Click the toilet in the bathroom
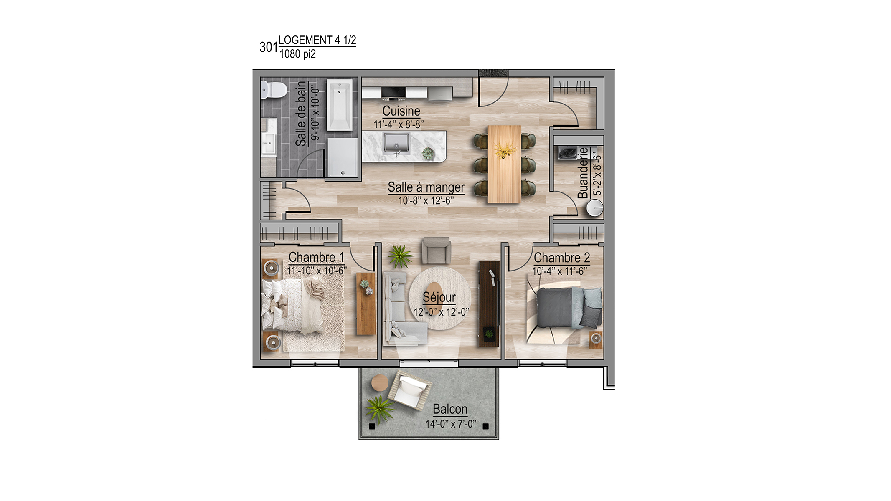coord(274,89)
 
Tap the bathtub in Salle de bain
coord(339,105)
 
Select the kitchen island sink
coord(396,144)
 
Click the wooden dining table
coord(504,164)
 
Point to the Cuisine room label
coord(401,111)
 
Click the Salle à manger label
coord(426,187)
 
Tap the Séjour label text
coord(439,297)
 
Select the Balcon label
coord(450,409)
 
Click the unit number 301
coord(269,47)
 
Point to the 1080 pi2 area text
coord(297,54)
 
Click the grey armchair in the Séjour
coord(436,250)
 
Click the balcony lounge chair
coord(409,391)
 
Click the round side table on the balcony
coord(379,383)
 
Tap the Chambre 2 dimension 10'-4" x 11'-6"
coord(559,271)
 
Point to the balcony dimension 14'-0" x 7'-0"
coord(451,424)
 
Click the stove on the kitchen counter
coord(393,94)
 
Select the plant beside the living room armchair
coord(400,256)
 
